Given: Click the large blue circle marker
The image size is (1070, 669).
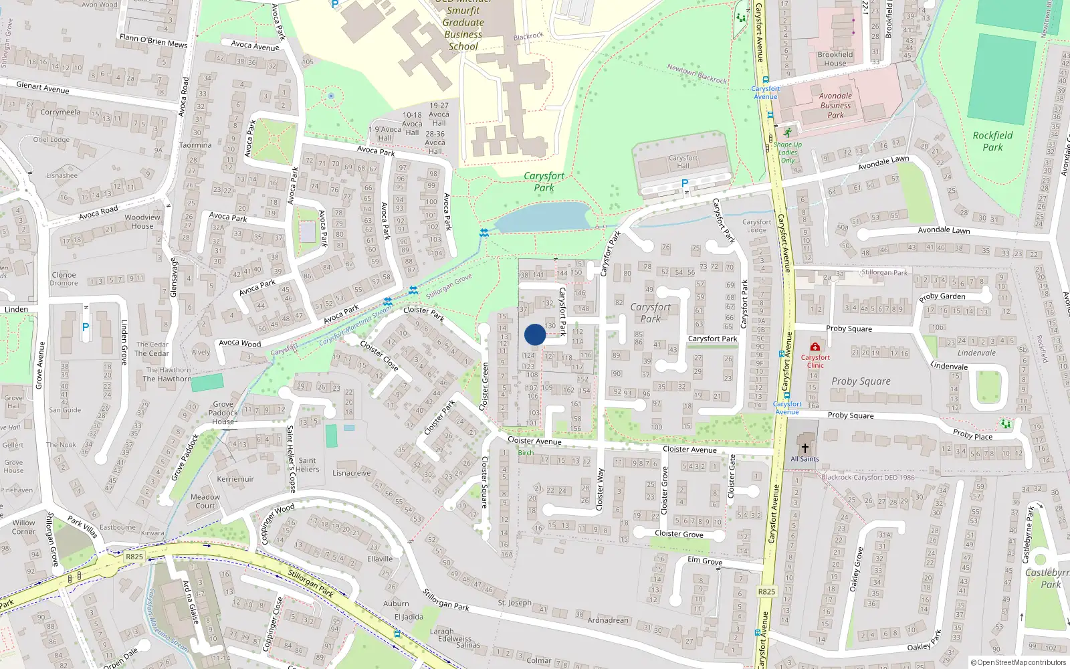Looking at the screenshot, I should pyautogui.click(x=535, y=334).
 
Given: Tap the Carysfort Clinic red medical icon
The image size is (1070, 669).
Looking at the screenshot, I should pyautogui.click(x=815, y=347).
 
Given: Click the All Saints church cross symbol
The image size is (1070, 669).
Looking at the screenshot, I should pyautogui.click(x=805, y=448).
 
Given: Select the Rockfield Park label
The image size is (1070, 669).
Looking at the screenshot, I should pyautogui.click(x=992, y=141).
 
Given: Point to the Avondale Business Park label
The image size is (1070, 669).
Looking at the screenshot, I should pyautogui.click(x=835, y=105).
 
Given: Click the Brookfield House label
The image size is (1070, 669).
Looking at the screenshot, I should pyautogui.click(x=835, y=59).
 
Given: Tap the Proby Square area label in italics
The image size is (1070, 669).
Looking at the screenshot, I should pyautogui.click(x=861, y=381).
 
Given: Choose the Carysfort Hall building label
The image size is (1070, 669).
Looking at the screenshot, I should pyautogui.click(x=683, y=162).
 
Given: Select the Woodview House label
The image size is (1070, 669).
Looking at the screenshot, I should pyautogui.click(x=142, y=221).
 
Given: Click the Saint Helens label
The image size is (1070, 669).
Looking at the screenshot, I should pyautogui.click(x=308, y=464).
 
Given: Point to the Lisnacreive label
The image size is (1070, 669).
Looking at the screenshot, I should pyautogui.click(x=351, y=473).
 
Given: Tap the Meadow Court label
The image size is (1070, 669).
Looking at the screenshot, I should pyautogui.click(x=205, y=501).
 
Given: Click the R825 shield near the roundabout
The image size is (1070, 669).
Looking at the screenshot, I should pyautogui.click(x=134, y=557).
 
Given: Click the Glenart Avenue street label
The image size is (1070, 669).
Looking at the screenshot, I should pyautogui.click(x=43, y=88).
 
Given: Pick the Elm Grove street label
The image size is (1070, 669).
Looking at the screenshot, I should pyautogui.click(x=705, y=561).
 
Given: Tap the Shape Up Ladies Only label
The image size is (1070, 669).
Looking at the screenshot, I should pyautogui.click(x=788, y=153).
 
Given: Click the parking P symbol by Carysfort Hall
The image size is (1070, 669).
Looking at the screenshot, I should pyautogui.click(x=684, y=183).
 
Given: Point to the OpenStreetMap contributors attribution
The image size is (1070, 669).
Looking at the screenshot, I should pyautogui.click(x=1019, y=662).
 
